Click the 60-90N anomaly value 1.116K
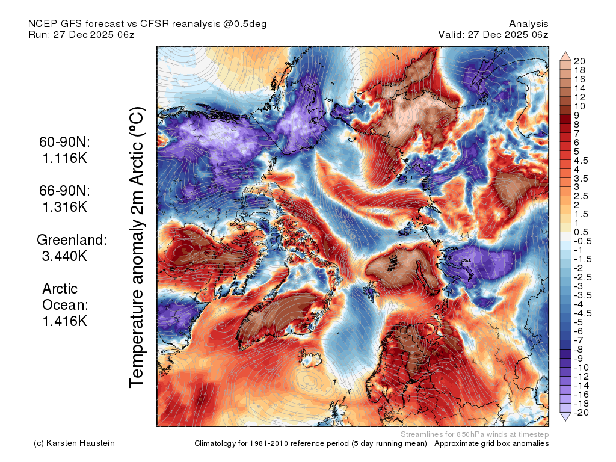click(x=65, y=158)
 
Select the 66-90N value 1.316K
click(x=65, y=207)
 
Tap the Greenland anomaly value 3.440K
click(x=64, y=256)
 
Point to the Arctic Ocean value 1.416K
click(x=65, y=321)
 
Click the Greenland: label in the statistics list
click(x=72, y=239)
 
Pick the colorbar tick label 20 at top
click(x=579, y=61)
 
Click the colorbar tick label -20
click(x=582, y=413)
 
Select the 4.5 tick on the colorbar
click(x=581, y=161)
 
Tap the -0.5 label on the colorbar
click(x=582, y=241)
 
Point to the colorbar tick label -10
click(x=582, y=368)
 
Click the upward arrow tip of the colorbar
click(x=565, y=52)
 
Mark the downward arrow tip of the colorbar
click(x=565, y=421)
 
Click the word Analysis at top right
click(x=529, y=24)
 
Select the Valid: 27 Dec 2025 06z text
click(x=493, y=34)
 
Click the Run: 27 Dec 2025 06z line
click(x=82, y=34)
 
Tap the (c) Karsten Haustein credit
click(x=74, y=443)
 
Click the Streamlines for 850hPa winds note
click(x=475, y=434)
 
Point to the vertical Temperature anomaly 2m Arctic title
click(x=137, y=247)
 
